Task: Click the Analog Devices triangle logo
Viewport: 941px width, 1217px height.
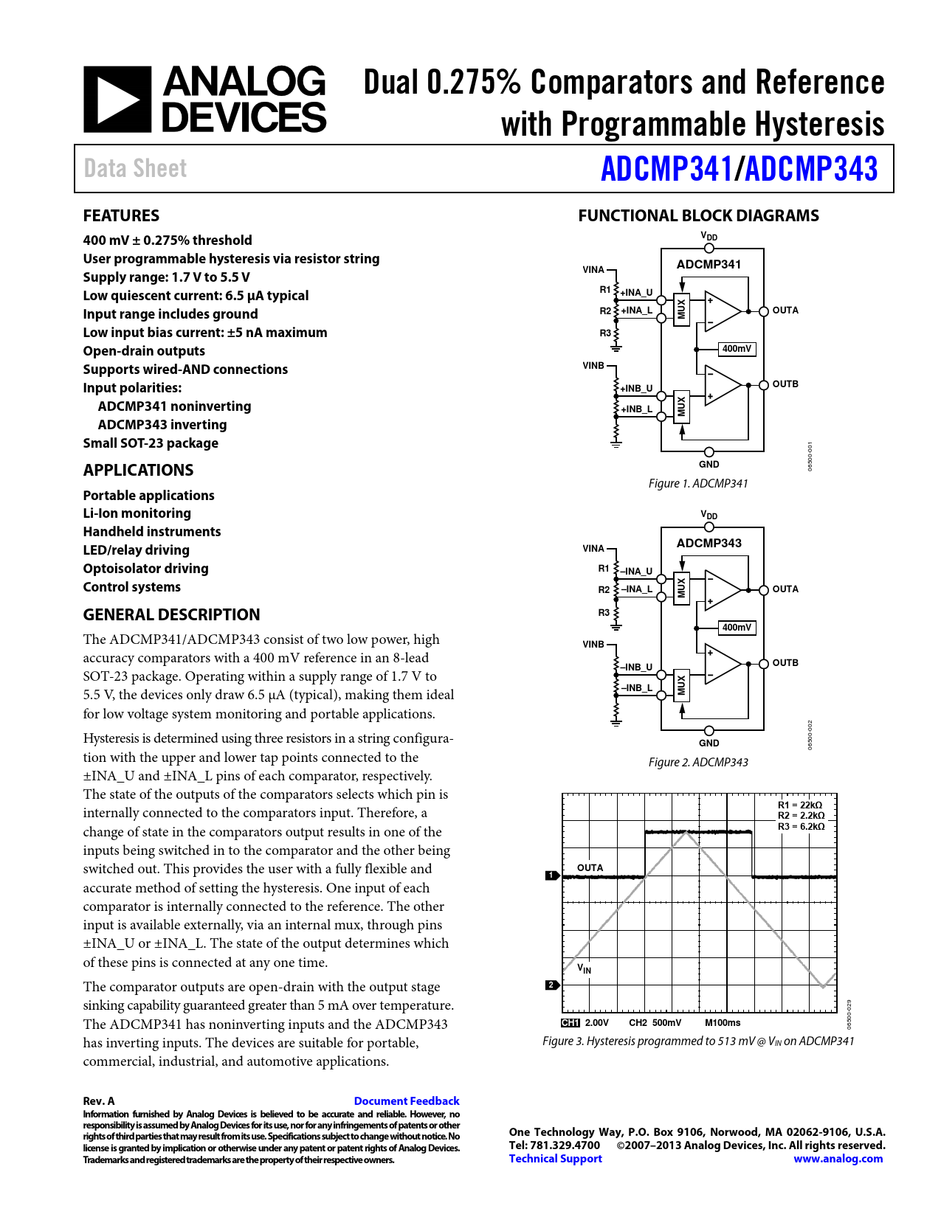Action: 117,99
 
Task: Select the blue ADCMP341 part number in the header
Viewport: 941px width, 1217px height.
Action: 666,169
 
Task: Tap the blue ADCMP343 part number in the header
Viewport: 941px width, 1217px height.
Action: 811,169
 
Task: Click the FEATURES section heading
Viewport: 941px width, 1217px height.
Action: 121,215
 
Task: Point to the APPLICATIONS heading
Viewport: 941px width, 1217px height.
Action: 139,470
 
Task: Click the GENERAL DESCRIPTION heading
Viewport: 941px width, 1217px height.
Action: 171,614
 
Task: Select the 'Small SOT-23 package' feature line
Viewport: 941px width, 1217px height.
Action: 151,443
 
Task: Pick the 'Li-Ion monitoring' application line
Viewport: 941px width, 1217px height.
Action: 137,513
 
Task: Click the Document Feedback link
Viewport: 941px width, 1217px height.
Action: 407,1100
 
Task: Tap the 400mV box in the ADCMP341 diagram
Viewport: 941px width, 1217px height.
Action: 737,349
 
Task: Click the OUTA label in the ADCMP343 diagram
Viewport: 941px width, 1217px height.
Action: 785,589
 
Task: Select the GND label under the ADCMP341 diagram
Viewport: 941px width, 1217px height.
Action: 709,464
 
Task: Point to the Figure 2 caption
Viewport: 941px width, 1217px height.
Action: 697,762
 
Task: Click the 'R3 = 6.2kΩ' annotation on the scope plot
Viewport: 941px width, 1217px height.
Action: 801,827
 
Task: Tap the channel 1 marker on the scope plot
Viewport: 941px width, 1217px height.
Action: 552,876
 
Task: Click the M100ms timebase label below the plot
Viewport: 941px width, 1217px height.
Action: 722,1023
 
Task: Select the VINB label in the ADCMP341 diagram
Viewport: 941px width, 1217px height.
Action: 593,366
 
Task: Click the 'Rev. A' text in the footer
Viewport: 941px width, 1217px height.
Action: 99,1101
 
